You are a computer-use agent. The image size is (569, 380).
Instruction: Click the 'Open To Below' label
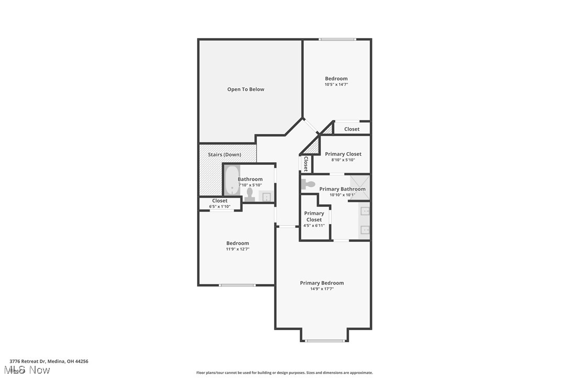(x=246, y=89)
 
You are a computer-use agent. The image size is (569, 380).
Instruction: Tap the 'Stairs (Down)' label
(x=224, y=155)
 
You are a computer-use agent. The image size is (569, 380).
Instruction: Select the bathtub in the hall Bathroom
(x=232, y=181)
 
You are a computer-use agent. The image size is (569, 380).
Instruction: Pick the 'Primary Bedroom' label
(x=322, y=283)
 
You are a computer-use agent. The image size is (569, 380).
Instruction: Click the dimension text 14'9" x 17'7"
(x=322, y=289)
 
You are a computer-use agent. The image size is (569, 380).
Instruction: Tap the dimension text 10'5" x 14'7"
(x=336, y=85)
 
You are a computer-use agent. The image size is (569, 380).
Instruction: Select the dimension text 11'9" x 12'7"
(x=237, y=249)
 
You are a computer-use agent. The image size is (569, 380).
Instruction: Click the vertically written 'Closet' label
(x=305, y=164)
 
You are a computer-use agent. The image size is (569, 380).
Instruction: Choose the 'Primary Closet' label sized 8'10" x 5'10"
(x=343, y=154)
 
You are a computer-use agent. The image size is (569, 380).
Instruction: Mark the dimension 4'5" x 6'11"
(x=314, y=226)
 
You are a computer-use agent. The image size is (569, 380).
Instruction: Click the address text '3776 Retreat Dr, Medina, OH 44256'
(x=49, y=361)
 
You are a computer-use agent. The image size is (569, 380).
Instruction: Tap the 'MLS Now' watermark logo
(x=30, y=370)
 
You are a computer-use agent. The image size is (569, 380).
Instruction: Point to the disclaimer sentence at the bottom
(x=284, y=373)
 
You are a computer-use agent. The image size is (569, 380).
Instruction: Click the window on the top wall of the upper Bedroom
(x=337, y=39)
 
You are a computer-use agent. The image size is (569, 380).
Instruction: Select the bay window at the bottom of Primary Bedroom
(x=325, y=341)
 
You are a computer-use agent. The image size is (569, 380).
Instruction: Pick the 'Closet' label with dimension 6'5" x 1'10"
(x=220, y=200)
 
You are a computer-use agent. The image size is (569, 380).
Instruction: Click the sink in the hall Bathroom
(x=266, y=197)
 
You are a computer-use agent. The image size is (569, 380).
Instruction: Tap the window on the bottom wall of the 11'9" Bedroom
(x=237, y=285)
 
